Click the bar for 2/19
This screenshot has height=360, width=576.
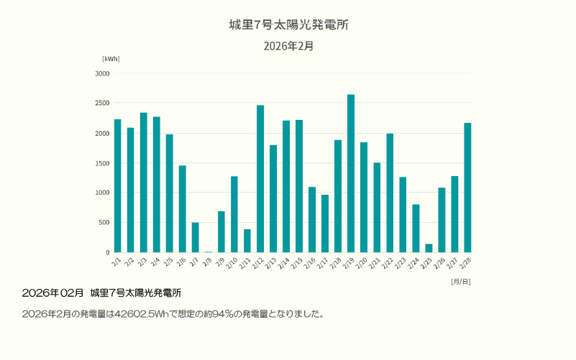pos(351,173)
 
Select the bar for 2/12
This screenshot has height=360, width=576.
pos(260,179)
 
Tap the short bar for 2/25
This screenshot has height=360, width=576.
pos(429,248)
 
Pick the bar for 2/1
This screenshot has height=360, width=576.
pos(117,185)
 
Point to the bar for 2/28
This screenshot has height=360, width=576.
pos(467,188)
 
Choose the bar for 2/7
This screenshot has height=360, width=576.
pos(195,237)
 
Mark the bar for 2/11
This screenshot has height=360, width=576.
pos(247,241)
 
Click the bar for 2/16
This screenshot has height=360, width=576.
pos(312,219)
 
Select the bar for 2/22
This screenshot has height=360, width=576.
pos(390,193)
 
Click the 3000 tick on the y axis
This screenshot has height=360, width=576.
pos(101,73)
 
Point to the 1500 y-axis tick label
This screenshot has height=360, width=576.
pos(101,163)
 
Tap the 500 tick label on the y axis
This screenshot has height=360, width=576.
pos(104,223)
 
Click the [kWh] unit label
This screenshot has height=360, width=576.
pos(111,59)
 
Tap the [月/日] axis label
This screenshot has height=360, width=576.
pos(460,282)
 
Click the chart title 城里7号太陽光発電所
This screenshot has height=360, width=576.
pos(288,25)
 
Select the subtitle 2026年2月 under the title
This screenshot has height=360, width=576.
pos(288,46)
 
